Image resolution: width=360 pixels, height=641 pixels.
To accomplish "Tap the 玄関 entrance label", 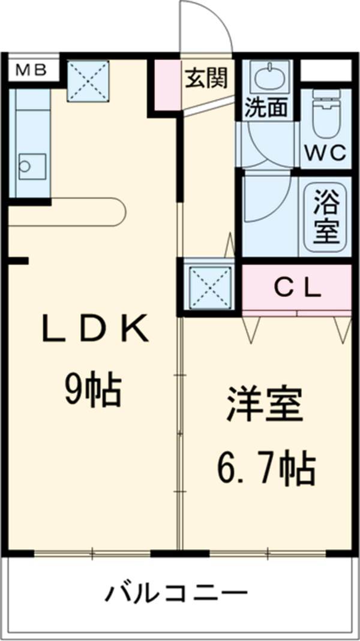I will (206, 79).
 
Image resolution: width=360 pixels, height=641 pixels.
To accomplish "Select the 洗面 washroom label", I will (265, 107).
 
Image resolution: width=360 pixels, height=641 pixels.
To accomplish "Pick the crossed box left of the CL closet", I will (209, 287).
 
